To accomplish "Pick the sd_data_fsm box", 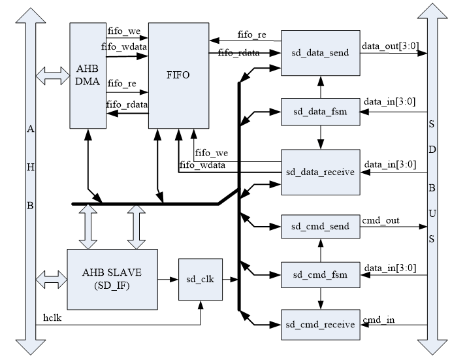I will pos(320,112).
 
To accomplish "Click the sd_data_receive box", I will pos(320,172).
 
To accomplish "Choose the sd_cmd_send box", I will pos(320,226).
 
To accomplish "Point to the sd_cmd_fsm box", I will pos(320,275).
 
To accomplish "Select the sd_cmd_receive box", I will pos(320,325).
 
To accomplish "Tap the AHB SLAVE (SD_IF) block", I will pos(112,280).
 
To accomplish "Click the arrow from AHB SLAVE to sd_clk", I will pos(169,280).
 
